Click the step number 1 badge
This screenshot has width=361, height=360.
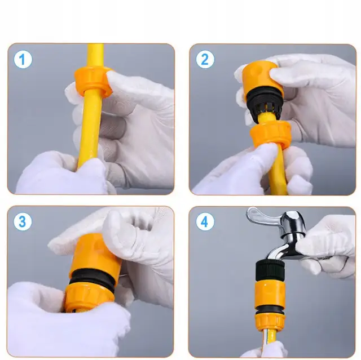point(23,59)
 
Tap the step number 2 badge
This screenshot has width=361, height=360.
point(205,59)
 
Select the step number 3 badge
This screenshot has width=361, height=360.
point(23,221)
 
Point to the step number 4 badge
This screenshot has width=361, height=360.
point(205,221)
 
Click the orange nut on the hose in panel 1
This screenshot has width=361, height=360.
point(93,82)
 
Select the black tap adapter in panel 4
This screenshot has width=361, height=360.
point(271,270)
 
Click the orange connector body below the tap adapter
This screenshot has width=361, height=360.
point(270,294)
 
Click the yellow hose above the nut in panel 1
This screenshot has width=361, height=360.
point(95,56)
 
